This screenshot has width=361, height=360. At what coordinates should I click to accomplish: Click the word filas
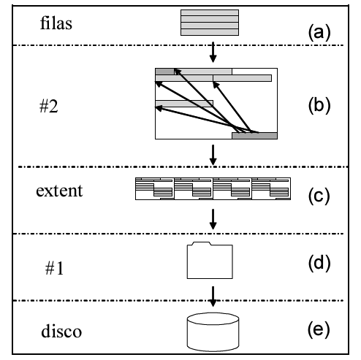[56, 23]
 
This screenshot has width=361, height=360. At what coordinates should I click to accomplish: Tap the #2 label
[49, 107]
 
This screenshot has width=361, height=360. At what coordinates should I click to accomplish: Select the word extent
[59, 191]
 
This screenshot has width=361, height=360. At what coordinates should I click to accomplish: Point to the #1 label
[54, 269]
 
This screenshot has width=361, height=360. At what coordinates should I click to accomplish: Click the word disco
[61, 331]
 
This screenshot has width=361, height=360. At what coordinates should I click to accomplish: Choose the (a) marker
[319, 33]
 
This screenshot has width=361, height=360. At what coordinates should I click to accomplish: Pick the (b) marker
[319, 106]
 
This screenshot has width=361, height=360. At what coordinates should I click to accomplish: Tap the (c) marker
[319, 196]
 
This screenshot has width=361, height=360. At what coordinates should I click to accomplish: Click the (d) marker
[319, 264]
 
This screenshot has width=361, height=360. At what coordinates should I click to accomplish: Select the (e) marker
[319, 329]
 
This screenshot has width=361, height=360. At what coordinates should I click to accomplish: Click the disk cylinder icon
[213, 332]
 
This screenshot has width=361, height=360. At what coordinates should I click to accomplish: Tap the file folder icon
[210, 260]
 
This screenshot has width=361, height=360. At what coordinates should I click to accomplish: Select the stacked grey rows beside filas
[210, 23]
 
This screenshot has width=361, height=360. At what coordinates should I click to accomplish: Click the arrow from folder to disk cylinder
[213, 296]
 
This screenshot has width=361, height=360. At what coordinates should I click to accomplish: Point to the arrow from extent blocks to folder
[213, 219]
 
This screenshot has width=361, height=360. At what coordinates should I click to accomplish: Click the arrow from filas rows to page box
[213, 52]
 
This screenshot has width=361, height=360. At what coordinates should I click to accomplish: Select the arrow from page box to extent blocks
[213, 155]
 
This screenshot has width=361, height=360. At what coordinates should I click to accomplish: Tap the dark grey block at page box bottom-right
[254, 136]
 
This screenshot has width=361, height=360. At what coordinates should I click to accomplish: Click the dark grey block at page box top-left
[164, 72]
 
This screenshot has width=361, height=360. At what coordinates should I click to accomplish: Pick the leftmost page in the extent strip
[155, 189]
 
